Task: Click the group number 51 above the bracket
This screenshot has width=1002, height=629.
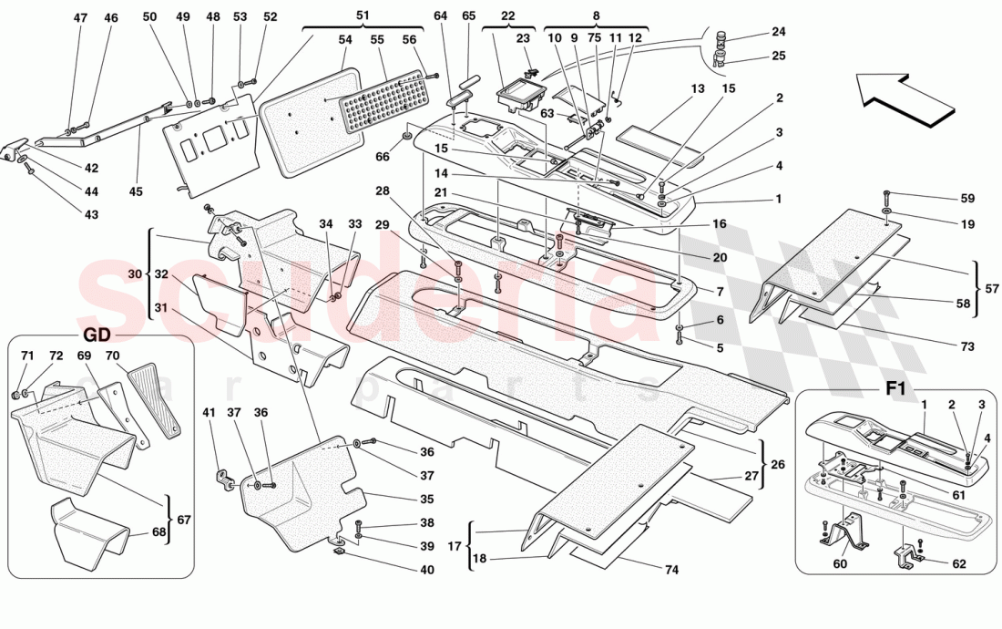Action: point(363,15)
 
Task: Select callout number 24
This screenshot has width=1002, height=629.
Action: point(778,32)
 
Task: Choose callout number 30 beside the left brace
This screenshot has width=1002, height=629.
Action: point(136,273)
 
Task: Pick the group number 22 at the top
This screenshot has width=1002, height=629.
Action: point(507,15)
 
